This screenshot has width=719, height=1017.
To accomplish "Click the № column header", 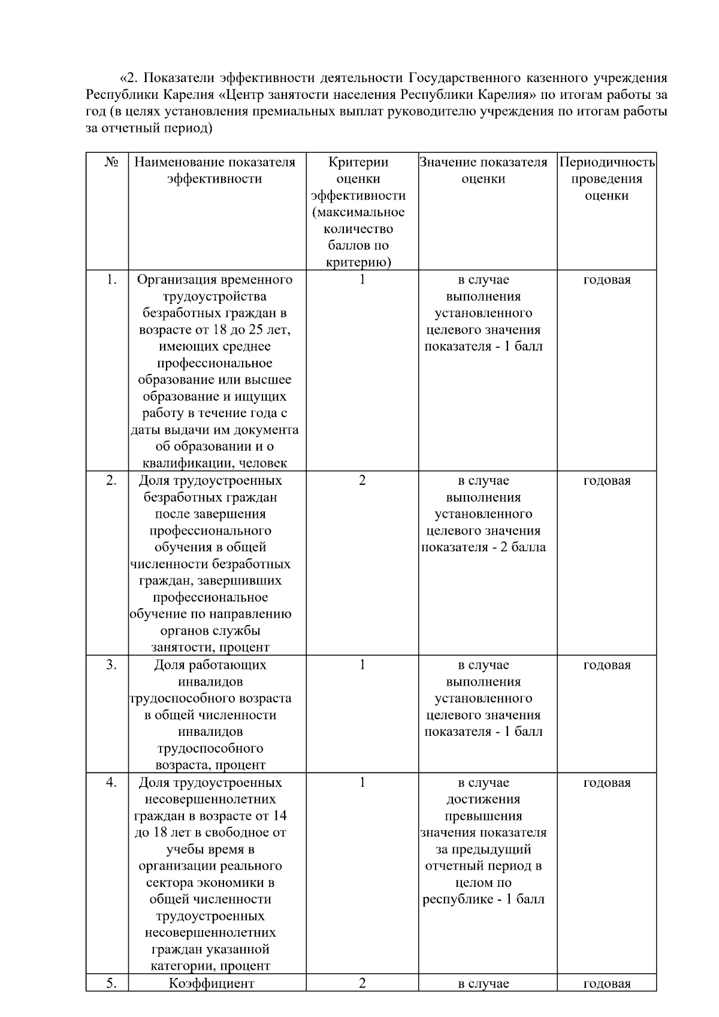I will pyautogui.click(x=111, y=162).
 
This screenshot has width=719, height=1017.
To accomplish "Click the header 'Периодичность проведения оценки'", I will pyautogui.click(x=606, y=179).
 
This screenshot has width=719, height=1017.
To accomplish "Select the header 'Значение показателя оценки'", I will pyautogui.click(x=484, y=170).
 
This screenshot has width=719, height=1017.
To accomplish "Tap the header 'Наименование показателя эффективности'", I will pyautogui.click(x=215, y=170).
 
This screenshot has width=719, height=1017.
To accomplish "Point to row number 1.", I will pyautogui.click(x=111, y=280).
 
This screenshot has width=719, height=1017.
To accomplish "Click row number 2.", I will pyautogui.click(x=111, y=481).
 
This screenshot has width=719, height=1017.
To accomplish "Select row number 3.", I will pyautogui.click(x=111, y=665).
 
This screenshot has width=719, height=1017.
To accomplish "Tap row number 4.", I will pyautogui.click(x=111, y=783).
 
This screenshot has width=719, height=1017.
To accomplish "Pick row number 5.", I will pyautogui.click(x=111, y=983).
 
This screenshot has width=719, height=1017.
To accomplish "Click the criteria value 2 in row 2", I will pyautogui.click(x=362, y=481).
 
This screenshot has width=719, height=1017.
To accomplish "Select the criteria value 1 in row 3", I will pyautogui.click(x=362, y=665).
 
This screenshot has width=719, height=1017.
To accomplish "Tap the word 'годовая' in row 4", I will pyautogui.click(x=606, y=783).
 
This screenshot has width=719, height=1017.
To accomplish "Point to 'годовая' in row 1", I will pyautogui.click(x=606, y=280).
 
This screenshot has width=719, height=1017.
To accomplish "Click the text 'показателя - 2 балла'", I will pyautogui.click(x=484, y=547).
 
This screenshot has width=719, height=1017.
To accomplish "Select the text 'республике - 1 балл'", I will pyautogui.click(x=484, y=900).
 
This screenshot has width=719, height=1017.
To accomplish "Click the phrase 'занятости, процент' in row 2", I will pyautogui.click(x=210, y=647).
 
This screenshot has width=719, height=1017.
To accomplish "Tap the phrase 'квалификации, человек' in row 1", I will pyautogui.click(x=215, y=463).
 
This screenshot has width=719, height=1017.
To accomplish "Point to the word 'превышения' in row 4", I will pyautogui.click(x=484, y=816).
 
